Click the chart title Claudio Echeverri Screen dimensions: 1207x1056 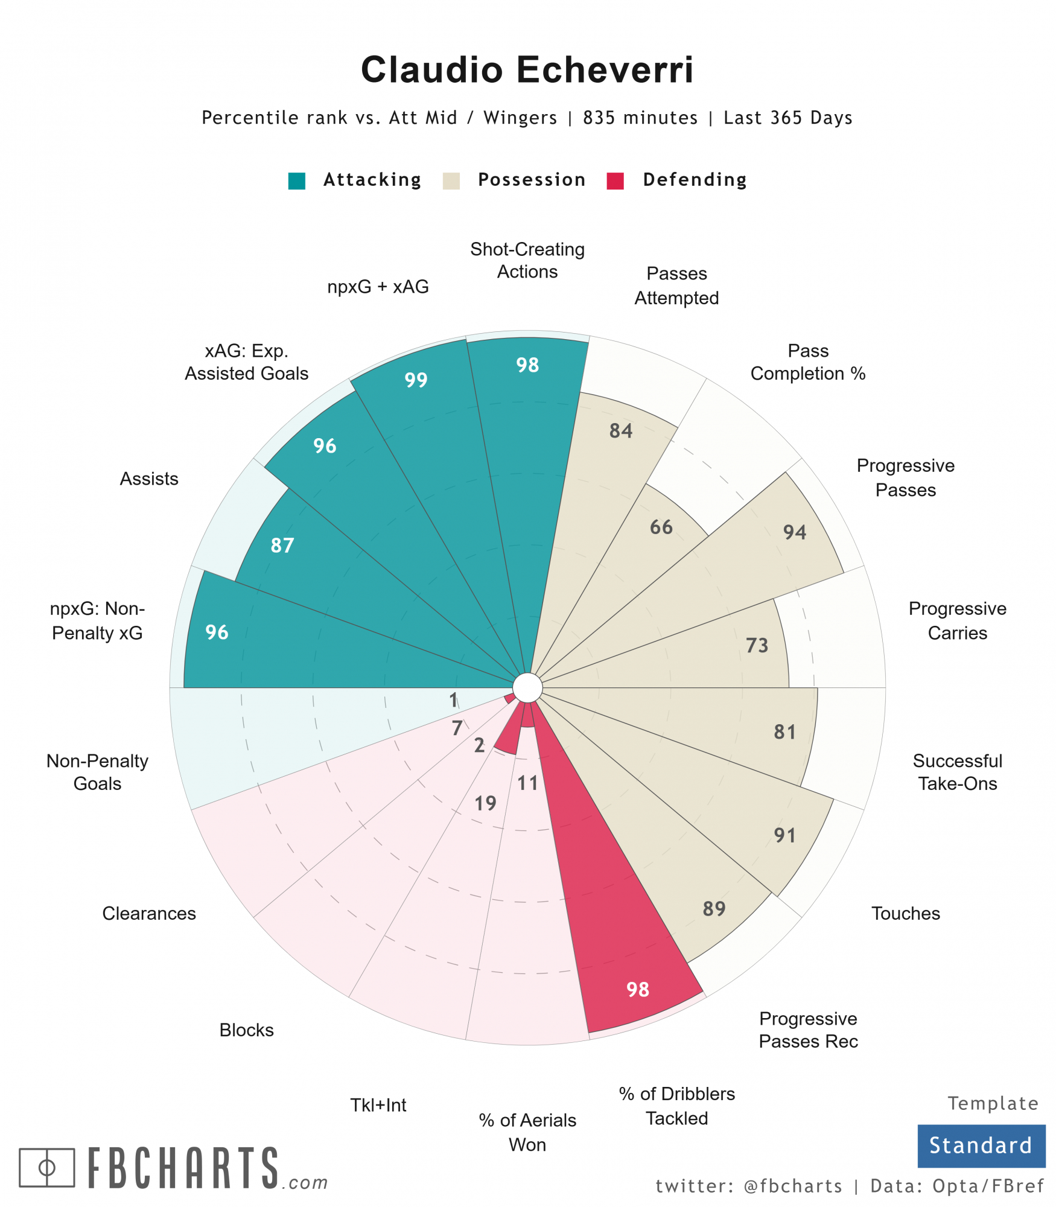[527, 69]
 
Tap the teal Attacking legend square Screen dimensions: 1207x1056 [296, 180]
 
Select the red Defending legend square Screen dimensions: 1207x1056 [614, 180]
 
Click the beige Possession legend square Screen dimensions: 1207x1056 [451, 180]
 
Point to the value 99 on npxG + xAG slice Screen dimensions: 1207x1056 [416, 380]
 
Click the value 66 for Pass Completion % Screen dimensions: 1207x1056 [661, 527]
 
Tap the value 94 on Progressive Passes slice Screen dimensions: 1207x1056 [794, 532]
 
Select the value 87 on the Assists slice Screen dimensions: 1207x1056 [282, 545]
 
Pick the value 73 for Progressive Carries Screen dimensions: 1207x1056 [757, 645]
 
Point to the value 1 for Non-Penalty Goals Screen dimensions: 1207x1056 [453, 699]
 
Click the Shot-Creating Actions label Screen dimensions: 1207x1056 [527, 260]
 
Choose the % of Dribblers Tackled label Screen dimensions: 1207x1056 [676, 1106]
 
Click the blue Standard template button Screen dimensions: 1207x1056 [981, 1145]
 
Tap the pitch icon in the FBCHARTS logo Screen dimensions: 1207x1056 [46, 1167]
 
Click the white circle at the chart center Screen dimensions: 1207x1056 [527, 687]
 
